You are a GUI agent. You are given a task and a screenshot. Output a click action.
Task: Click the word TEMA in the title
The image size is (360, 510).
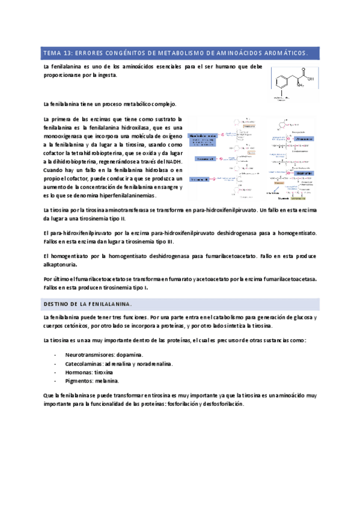pos(50,53)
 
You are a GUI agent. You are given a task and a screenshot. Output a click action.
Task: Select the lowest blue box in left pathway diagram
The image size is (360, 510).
pos(200,179)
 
